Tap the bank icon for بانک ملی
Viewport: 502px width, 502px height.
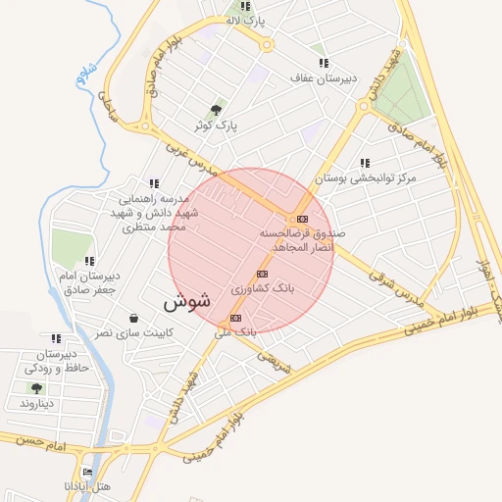coord(235,319)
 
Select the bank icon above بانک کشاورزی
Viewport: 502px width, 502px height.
coord(262,274)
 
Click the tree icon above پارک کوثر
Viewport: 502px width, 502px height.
coord(216,110)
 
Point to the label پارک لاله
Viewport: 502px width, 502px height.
coord(245,20)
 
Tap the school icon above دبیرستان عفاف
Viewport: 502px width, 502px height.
coord(324,63)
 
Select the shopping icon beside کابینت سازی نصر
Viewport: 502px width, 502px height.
coord(133,318)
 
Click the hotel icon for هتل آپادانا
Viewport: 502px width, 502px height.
coord(88,472)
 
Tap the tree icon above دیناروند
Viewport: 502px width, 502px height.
coord(36,388)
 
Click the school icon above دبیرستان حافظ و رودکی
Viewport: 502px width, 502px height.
coord(56,338)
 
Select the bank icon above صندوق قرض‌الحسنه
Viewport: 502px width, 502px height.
coord(302,219)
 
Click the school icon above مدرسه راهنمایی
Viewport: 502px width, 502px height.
coord(153,182)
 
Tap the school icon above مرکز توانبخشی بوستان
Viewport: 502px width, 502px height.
coord(365,163)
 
